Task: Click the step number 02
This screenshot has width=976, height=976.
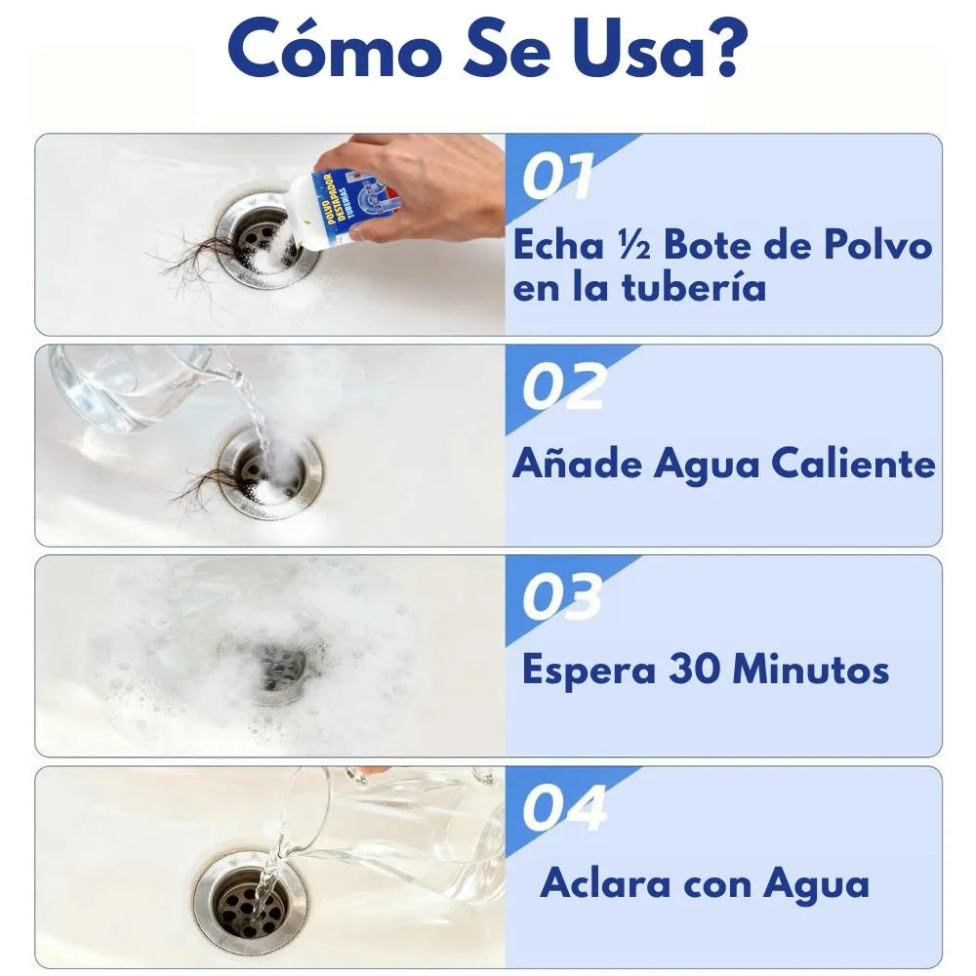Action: coord(563,386)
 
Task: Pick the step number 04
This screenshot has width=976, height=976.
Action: coord(564,807)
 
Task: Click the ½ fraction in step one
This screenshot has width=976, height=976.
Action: coord(633,246)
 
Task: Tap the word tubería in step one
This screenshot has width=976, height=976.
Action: coord(694,288)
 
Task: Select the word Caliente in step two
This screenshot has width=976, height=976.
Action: coord(853,465)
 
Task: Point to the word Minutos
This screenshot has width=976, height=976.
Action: coord(810,671)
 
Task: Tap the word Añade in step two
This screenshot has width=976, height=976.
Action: coord(577,465)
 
